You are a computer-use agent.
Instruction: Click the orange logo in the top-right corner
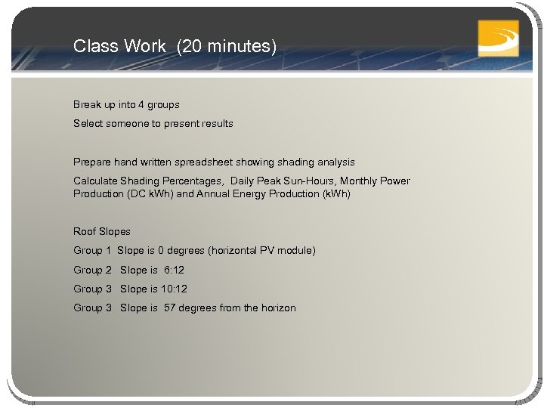(x=499, y=37)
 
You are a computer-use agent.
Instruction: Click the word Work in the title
(x=148, y=46)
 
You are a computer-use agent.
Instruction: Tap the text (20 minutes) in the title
(x=227, y=46)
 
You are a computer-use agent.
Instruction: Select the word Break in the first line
(x=87, y=104)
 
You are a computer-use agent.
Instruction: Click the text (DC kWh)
(x=150, y=193)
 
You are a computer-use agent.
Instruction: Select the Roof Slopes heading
(x=102, y=231)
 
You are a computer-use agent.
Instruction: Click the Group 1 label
(x=92, y=250)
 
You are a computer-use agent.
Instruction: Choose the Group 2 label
(x=92, y=270)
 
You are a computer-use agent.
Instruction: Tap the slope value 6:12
(x=175, y=270)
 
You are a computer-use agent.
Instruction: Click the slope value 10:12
(x=175, y=289)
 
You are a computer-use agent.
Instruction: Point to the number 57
(x=170, y=308)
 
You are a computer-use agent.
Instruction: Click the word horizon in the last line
(x=277, y=308)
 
